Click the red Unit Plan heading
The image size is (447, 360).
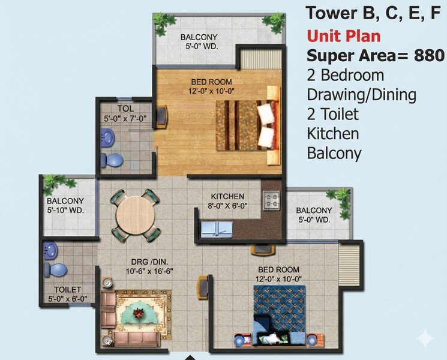(343, 35)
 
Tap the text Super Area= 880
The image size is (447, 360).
(375, 56)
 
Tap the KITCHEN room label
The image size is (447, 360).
(227, 196)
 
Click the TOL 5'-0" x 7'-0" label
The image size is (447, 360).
(125, 113)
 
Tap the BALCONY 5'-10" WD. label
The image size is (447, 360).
(65, 205)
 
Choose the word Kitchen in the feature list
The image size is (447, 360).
(333, 133)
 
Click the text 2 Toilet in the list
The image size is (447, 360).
(333, 114)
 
